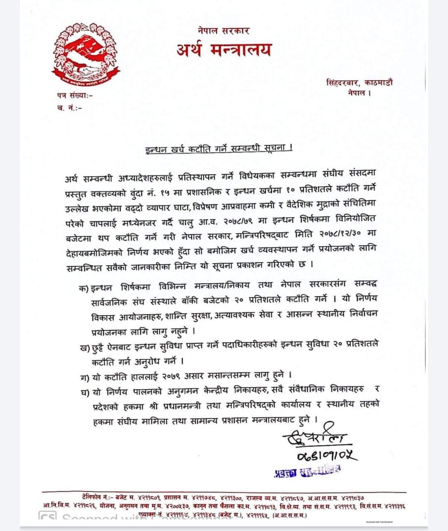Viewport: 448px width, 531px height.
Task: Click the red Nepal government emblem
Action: click(86, 54)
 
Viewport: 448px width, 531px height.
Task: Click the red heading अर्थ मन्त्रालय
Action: click(224, 50)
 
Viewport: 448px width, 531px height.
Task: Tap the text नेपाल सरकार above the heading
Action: click(224, 30)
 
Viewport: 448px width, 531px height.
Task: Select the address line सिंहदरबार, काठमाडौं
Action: click(359, 82)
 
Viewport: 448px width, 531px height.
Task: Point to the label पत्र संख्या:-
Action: click(75, 95)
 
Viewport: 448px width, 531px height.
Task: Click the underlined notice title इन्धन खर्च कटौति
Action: click(219, 148)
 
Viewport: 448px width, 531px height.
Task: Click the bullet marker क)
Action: click(84, 288)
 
